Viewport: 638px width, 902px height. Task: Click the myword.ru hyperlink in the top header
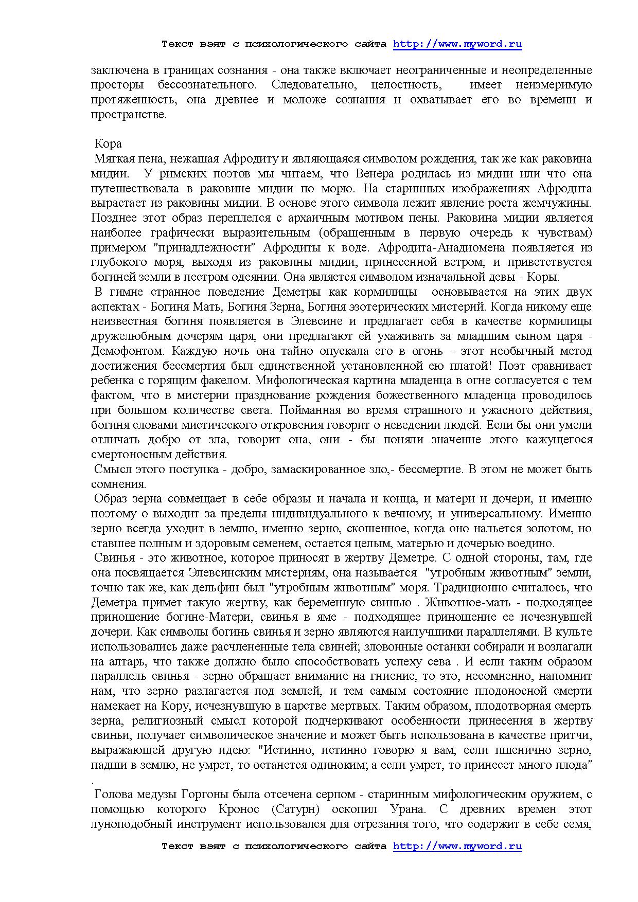457,44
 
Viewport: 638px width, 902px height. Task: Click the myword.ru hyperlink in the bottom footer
457,846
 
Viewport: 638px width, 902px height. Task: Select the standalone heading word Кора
108,143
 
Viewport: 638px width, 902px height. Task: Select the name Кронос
236,809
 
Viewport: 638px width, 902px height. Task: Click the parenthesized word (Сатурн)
295,809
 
